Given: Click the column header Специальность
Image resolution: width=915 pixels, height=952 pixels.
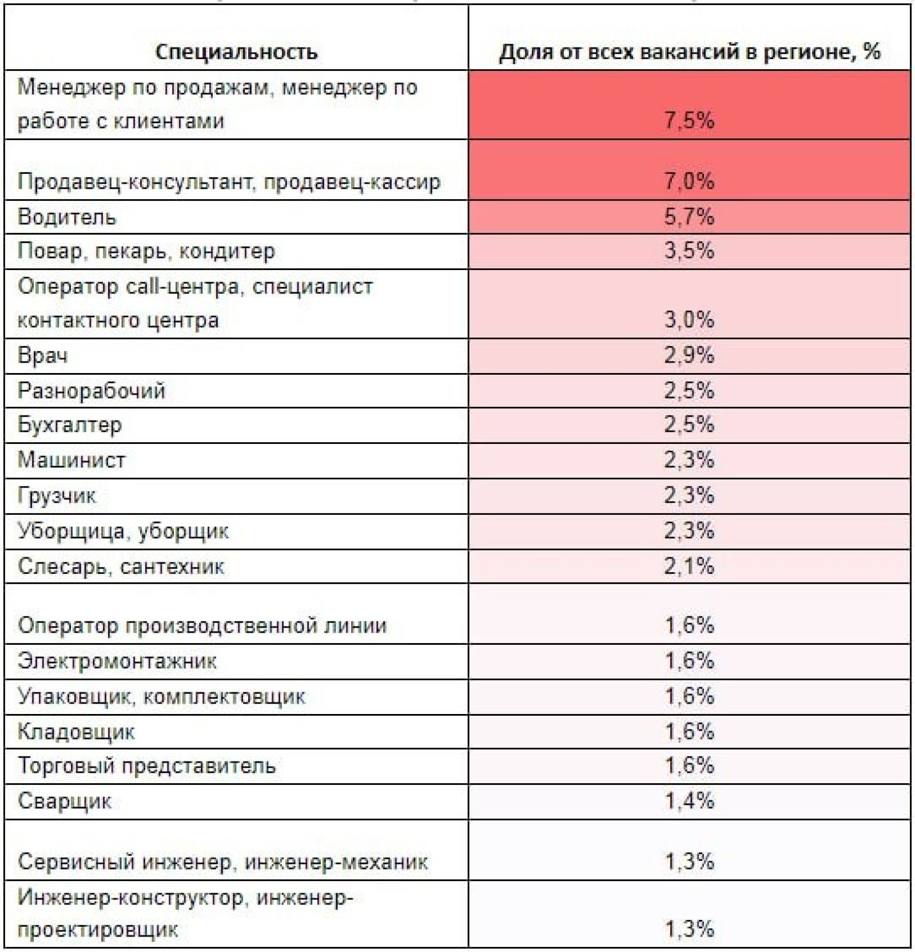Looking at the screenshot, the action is point(236,52).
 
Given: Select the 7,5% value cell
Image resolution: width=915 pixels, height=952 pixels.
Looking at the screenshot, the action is point(689,121).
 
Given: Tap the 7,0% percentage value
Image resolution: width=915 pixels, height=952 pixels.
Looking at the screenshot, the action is point(689,181).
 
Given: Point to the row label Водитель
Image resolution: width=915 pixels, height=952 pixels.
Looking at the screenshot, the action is point(67,217).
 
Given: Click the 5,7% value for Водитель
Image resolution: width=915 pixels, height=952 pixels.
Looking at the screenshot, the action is point(689,217).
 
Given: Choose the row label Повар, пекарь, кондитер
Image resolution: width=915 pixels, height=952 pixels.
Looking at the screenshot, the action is point(146,251).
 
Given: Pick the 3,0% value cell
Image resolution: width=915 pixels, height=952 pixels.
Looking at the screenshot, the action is point(689,319).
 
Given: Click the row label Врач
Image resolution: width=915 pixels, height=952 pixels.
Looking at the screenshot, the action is point(43,355).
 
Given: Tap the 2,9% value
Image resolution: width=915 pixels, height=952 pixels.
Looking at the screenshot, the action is point(689,355).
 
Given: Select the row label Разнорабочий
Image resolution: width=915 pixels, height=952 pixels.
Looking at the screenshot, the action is point(91,391).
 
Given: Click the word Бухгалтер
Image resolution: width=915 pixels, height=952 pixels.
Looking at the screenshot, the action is point(70,425).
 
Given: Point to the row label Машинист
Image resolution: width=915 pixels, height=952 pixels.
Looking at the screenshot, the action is point(71,460).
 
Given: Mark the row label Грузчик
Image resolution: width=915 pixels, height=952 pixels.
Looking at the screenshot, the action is point(57,495).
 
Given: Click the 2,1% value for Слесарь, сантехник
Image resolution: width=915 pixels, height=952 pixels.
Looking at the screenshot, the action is point(689,566).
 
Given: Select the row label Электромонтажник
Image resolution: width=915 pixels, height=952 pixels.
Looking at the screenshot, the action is point(117,661).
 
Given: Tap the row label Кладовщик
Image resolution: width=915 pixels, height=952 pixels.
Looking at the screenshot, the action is point(77,732).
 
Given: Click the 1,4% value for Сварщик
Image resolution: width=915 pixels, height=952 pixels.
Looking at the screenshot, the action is point(689,801).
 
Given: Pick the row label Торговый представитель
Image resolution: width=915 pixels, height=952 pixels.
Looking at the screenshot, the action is point(147,765).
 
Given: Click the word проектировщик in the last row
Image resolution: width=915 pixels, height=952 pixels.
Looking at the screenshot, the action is point(98,930).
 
